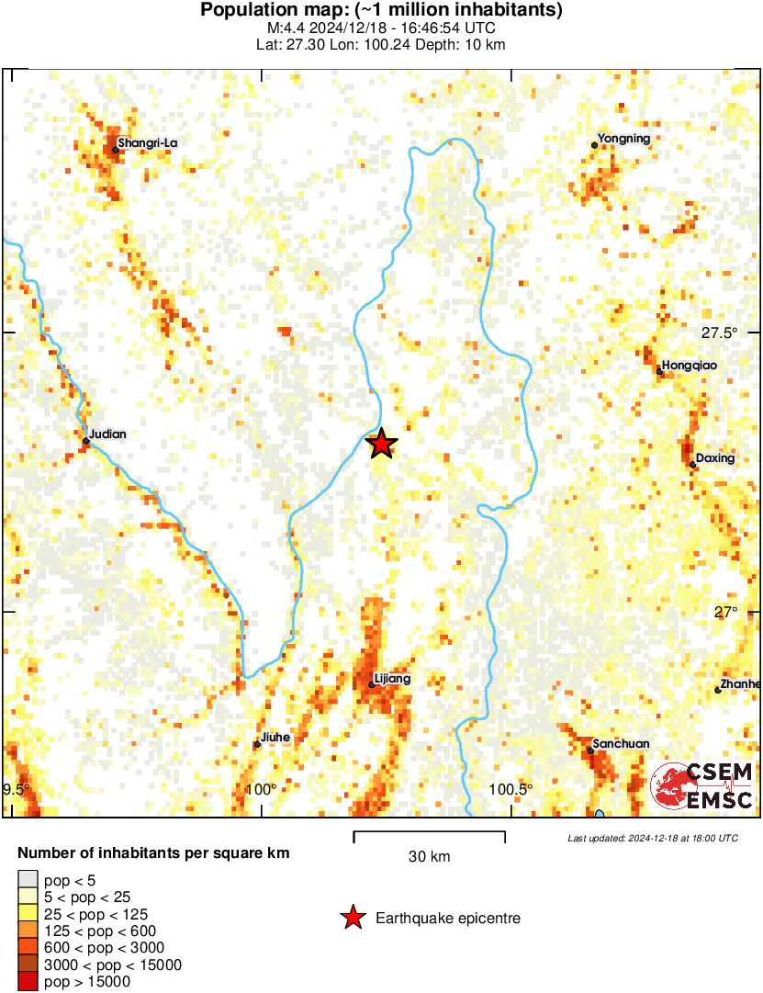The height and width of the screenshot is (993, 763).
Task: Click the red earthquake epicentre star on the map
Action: [x=382, y=445]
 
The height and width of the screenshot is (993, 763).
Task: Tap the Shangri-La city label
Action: [x=148, y=143]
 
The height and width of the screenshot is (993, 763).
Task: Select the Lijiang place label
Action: [x=393, y=679]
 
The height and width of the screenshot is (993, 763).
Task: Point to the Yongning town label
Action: [x=623, y=139]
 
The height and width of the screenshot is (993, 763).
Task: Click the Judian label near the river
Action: [x=108, y=434]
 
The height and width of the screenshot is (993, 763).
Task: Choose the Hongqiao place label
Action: [x=690, y=366]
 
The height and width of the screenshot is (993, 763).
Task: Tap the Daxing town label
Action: [x=715, y=458]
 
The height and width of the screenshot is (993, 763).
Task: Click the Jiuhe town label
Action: [x=276, y=737]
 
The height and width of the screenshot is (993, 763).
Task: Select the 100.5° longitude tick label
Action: [x=511, y=790]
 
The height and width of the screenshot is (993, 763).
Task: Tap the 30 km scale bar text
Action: [x=429, y=857]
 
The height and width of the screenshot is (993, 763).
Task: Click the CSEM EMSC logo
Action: [x=702, y=786]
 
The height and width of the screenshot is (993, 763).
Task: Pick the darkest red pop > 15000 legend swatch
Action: [x=28, y=982]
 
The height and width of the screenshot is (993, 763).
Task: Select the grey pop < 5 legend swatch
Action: [x=28, y=880]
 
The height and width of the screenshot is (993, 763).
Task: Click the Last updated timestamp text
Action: [x=652, y=838]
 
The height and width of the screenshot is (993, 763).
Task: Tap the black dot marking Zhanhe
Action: [x=718, y=690]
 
